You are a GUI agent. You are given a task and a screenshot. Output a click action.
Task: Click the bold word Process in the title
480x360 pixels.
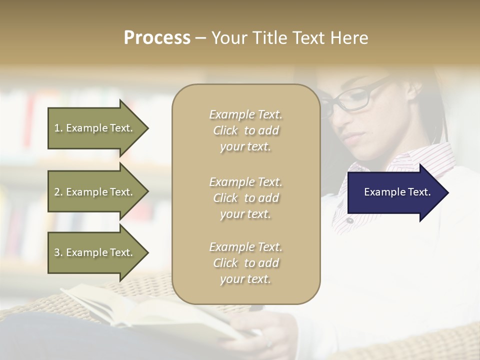pyautogui.click(x=157, y=38)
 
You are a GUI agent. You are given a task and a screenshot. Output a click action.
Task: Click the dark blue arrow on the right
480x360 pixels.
pyautogui.click(x=395, y=192)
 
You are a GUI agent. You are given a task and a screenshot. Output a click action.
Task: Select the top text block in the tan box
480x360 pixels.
pyautogui.click(x=245, y=130)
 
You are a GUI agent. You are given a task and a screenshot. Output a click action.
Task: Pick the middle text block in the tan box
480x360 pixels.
pyautogui.click(x=245, y=197)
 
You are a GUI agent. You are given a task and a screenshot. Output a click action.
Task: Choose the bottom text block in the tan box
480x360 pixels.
pyautogui.click(x=245, y=263)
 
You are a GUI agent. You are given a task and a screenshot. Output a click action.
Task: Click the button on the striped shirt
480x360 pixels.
pyautogui.click(x=350, y=220)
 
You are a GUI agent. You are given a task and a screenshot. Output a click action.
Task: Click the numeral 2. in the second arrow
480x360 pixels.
pyautogui.click(x=58, y=192)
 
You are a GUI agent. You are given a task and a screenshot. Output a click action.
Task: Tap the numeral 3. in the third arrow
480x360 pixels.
pyautogui.click(x=58, y=252)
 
